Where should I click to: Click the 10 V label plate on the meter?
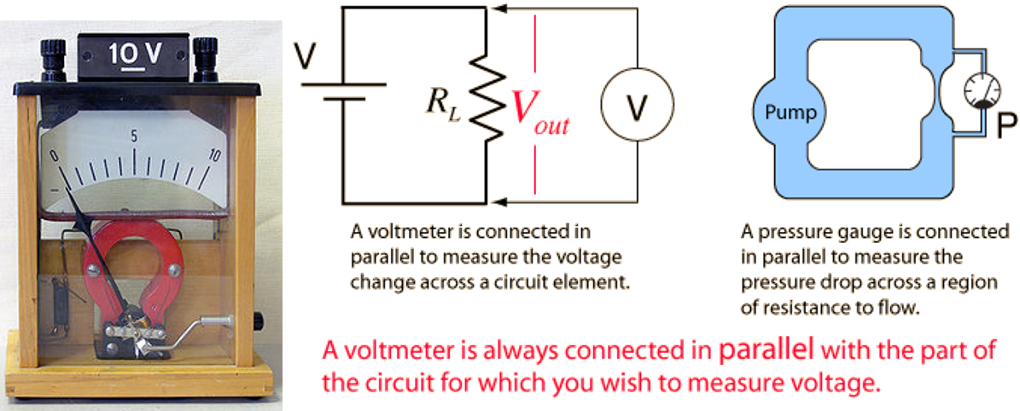click(136, 56)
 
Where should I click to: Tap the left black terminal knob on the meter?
click(53, 59)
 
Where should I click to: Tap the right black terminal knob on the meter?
click(206, 59)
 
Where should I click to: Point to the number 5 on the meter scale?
click(134, 137)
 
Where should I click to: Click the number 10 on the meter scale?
click(215, 155)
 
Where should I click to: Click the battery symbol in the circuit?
click(343, 91)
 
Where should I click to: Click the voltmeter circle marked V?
click(637, 104)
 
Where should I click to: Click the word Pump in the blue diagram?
click(789, 113)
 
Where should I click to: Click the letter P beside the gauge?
click(1006, 126)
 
